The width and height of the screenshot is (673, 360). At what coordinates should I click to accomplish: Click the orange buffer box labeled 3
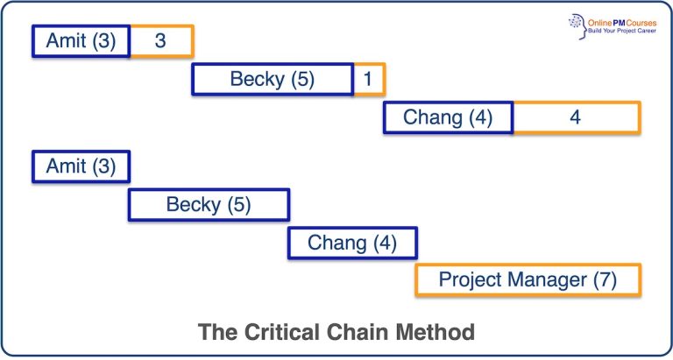[161, 41]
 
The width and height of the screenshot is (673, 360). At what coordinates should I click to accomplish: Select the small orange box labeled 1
[369, 80]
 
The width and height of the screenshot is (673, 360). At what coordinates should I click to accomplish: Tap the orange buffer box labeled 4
[576, 117]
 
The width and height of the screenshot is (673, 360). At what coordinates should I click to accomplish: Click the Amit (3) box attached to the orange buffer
[81, 41]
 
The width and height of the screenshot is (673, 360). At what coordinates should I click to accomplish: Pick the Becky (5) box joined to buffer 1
[273, 80]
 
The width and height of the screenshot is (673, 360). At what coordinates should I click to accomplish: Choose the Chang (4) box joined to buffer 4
[448, 117]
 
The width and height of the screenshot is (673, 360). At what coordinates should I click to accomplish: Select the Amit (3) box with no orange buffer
[81, 166]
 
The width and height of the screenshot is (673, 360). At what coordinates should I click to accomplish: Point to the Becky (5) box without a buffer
[209, 205]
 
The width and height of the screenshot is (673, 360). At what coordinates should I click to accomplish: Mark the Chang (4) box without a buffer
[352, 243]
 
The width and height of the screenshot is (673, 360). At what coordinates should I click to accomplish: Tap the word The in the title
[216, 332]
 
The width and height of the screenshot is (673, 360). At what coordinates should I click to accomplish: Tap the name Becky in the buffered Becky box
[257, 80]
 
